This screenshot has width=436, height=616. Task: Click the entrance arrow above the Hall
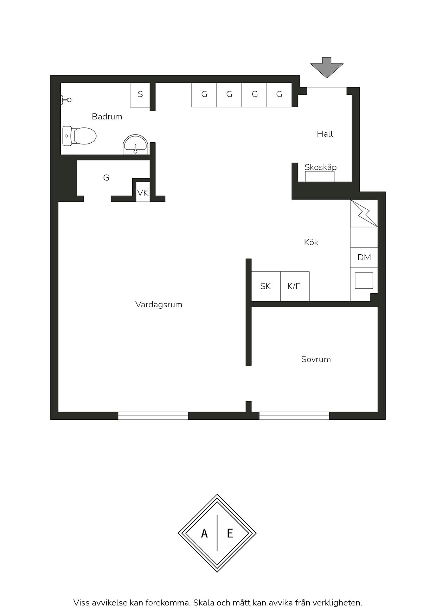pyautogui.click(x=327, y=67)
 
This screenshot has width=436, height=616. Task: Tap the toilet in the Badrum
pyautogui.click(x=79, y=136)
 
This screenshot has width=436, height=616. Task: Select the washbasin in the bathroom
pyautogui.click(x=135, y=144)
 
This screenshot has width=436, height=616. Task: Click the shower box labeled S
pyautogui.click(x=140, y=95)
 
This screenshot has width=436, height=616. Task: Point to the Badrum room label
pyautogui.click(x=107, y=117)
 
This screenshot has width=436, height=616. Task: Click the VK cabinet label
pyautogui.click(x=143, y=193)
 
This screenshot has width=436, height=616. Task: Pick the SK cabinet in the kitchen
pyautogui.click(x=266, y=286)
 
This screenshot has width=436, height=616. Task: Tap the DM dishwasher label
pyautogui.click(x=364, y=257)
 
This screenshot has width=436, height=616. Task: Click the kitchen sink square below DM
pyautogui.click(x=364, y=281)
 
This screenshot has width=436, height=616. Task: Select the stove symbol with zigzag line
pyautogui.click(x=364, y=213)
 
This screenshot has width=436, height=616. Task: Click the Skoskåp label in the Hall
pyautogui.click(x=321, y=167)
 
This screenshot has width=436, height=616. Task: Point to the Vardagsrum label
pyautogui.click(x=159, y=304)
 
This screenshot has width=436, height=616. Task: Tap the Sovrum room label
pyautogui.click(x=316, y=359)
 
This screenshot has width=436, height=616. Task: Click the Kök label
pyautogui.click(x=311, y=242)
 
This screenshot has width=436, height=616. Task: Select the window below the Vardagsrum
pyautogui.click(x=153, y=416)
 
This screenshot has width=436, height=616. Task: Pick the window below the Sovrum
pyautogui.click(x=294, y=416)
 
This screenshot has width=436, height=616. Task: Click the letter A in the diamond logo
pyautogui.click(x=204, y=534)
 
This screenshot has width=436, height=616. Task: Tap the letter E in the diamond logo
pyautogui.click(x=230, y=534)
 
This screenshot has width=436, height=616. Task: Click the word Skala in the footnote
pyautogui.click(x=203, y=603)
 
